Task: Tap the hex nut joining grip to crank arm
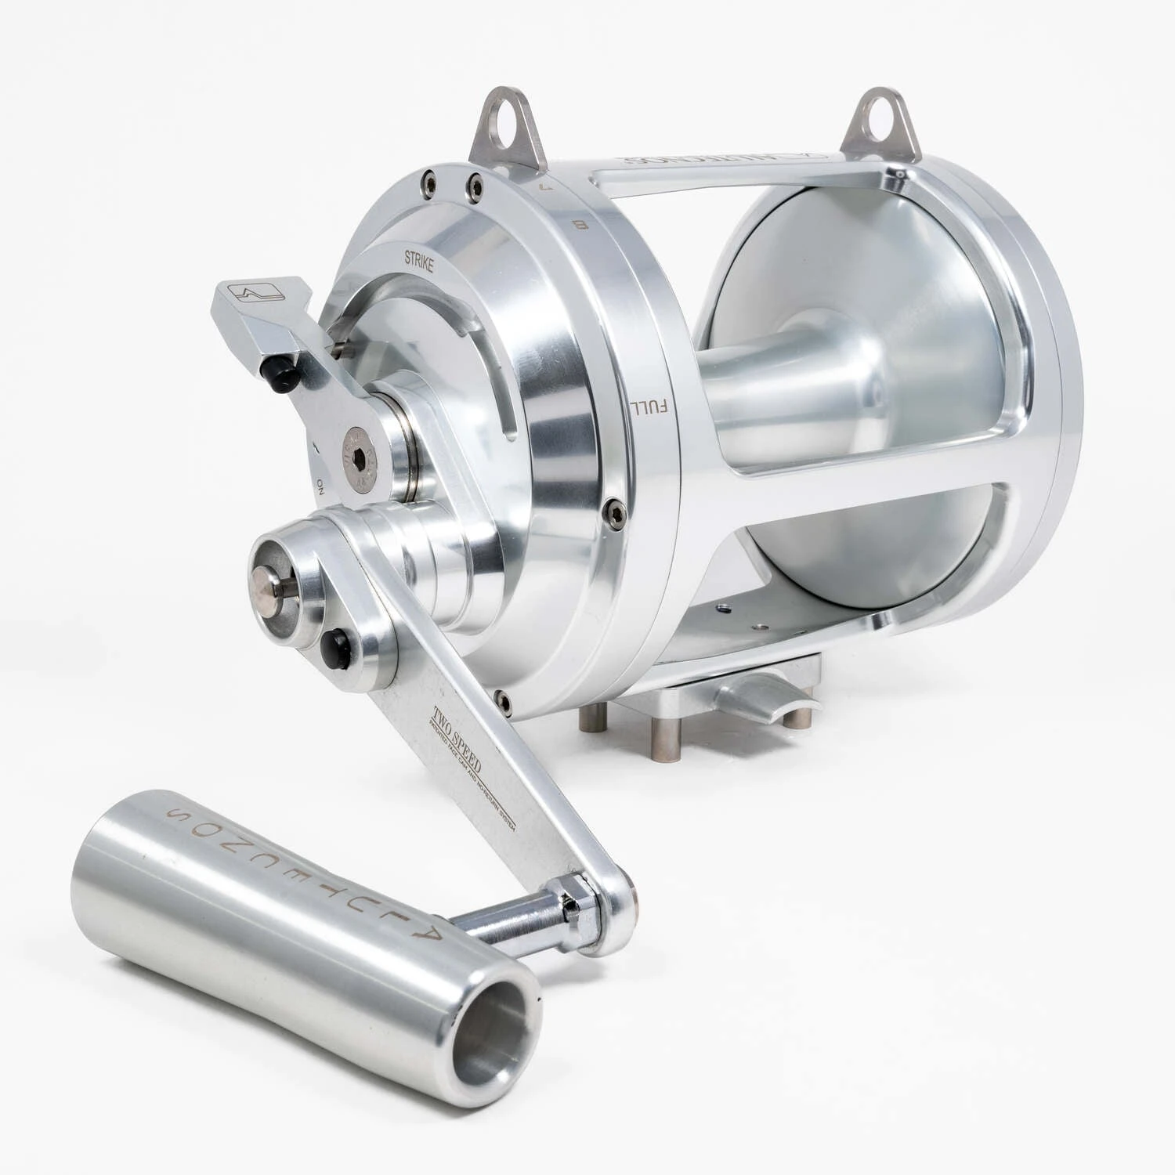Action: click(x=570, y=906)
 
